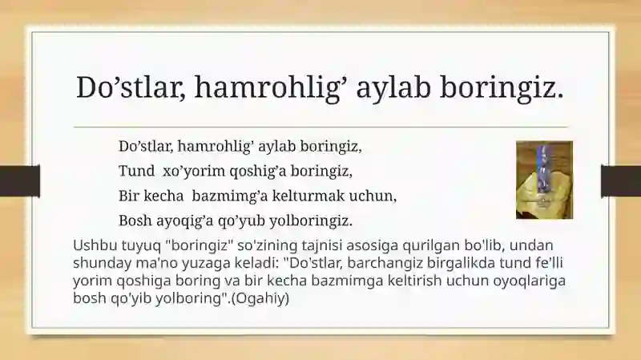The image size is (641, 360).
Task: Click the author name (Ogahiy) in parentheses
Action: pos(260,298)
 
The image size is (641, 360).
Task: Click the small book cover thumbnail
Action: pos(544,180)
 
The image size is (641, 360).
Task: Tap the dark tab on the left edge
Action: pos(20,181)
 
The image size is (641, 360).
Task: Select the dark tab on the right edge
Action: pos(621,181)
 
